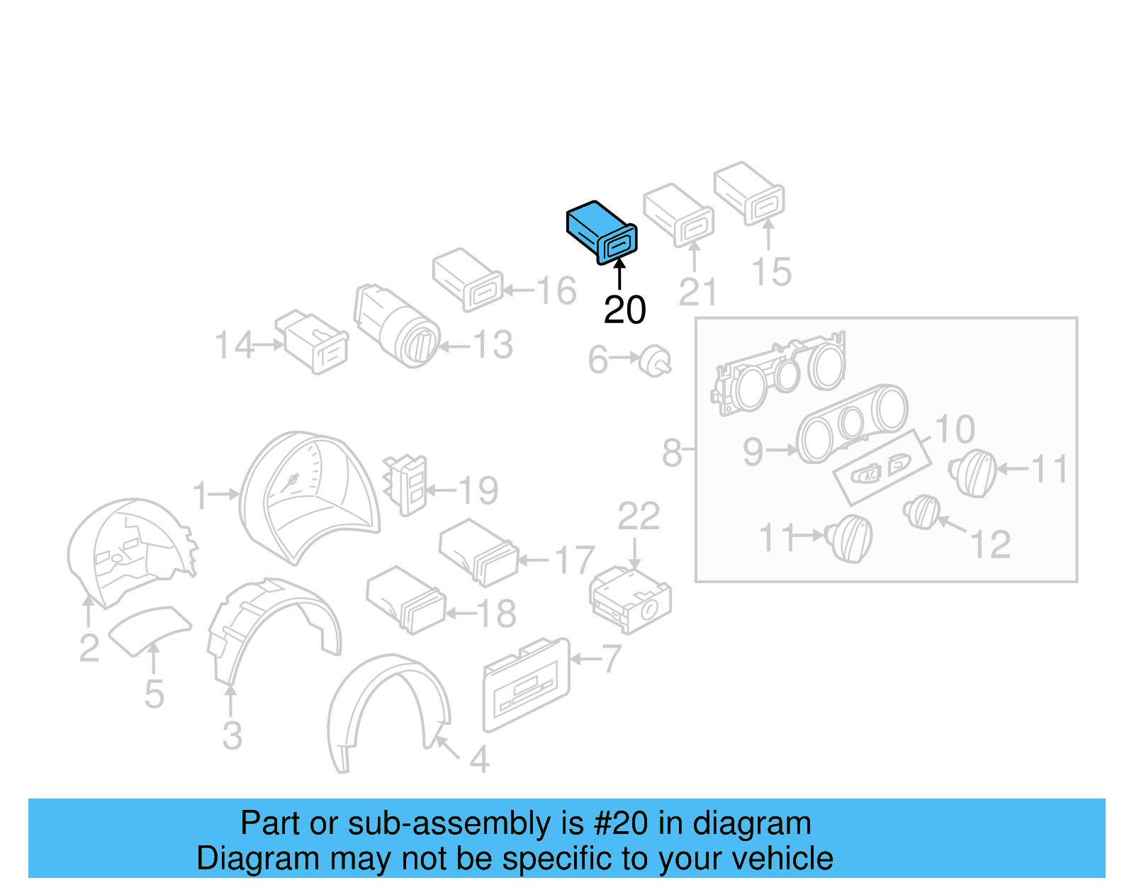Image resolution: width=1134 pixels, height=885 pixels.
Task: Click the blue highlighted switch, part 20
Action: pyautogui.click(x=601, y=232)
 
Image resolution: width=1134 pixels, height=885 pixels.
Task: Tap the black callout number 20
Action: pyautogui.click(x=624, y=310)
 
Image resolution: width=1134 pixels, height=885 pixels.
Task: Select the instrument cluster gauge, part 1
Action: pyautogui.click(x=308, y=496)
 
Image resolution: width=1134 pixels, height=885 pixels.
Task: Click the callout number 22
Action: pyautogui.click(x=638, y=517)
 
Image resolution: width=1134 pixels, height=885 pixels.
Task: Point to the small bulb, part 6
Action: pyautogui.click(x=656, y=361)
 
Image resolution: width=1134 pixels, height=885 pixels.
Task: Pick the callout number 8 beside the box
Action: pyautogui.click(x=671, y=453)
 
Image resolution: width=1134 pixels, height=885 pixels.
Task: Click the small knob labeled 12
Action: pyautogui.click(x=922, y=512)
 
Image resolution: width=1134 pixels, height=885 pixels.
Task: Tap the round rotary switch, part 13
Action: pyautogui.click(x=397, y=325)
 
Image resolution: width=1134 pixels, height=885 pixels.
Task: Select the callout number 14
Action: pyautogui.click(x=234, y=346)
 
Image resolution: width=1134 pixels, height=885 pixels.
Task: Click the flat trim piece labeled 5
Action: pyautogui.click(x=149, y=629)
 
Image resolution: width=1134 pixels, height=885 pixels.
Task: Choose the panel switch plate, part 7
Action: pyautogui.click(x=526, y=684)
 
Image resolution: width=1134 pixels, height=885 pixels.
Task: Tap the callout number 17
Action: pyautogui.click(x=574, y=560)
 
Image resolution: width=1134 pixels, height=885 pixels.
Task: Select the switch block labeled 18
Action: pyautogui.click(x=405, y=599)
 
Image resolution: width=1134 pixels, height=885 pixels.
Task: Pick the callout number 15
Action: pyautogui.click(x=771, y=271)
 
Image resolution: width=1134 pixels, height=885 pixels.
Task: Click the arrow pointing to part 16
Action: pyautogui.click(x=518, y=290)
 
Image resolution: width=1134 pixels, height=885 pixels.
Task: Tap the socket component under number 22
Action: pyautogui.click(x=630, y=599)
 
